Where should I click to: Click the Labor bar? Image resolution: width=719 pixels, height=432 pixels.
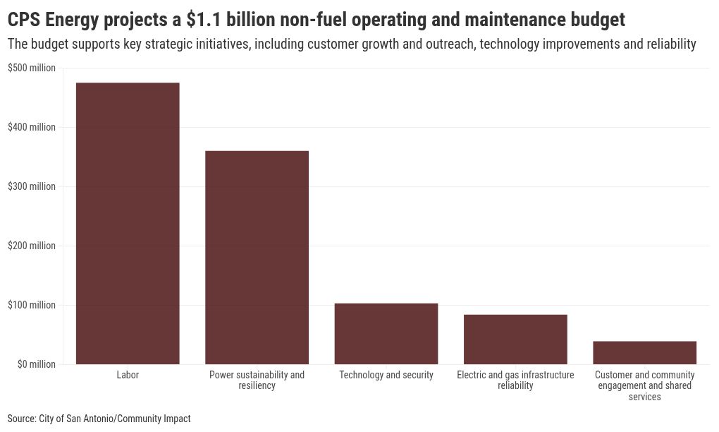(128, 223)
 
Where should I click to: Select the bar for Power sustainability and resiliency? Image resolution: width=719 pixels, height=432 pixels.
(257, 257)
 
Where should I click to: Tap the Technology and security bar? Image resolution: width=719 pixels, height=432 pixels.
(386, 333)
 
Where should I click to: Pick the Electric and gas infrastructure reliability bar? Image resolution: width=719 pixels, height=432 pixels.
(515, 339)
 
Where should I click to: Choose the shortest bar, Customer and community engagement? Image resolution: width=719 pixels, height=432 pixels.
(644, 352)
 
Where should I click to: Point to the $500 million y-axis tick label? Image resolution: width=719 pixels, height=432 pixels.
(32, 68)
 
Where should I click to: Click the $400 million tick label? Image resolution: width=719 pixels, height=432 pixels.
(32, 127)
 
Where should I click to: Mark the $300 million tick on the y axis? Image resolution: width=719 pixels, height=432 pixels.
(32, 186)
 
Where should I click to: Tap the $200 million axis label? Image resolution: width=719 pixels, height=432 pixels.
(32, 246)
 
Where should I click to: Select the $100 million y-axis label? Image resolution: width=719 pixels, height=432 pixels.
(32, 305)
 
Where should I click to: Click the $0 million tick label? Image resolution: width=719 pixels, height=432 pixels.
(32, 364)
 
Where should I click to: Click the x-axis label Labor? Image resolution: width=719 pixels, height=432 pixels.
(128, 375)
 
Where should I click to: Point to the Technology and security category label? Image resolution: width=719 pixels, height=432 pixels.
(386, 375)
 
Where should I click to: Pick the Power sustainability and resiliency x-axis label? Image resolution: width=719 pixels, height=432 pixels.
(257, 380)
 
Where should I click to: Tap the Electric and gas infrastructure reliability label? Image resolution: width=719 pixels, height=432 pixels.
(515, 380)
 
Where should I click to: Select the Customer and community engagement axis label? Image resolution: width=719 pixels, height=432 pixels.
(644, 385)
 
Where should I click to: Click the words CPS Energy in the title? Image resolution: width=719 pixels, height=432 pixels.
(54, 19)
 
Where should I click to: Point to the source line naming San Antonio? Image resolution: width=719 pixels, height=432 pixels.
(99, 419)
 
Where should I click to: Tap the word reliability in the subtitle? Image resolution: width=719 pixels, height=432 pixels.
(670, 44)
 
